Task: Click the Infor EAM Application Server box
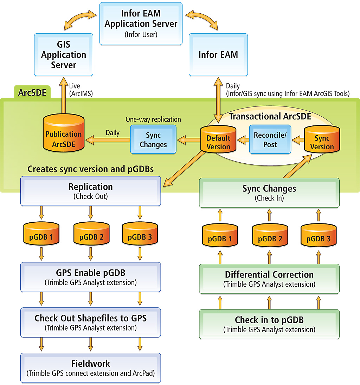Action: pos(141,24)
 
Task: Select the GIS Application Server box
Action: pos(64,55)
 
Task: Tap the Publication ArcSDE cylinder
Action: pos(64,135)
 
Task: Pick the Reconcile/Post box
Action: pos(270,139)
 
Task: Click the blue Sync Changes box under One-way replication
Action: pos(153,139)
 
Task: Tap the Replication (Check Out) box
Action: pos(91,191)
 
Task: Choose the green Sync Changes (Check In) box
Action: pos(269,192)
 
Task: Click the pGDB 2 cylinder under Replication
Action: pos(91,235)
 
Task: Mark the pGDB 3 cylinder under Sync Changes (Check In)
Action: pos(319,237)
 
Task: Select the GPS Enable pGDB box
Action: pos(91,277)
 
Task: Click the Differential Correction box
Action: pos(269,279)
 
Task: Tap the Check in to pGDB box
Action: pos(269,324)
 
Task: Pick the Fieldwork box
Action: pos(91,368)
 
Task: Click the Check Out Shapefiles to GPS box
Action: pos(91,322)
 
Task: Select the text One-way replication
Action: pos(153,119)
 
